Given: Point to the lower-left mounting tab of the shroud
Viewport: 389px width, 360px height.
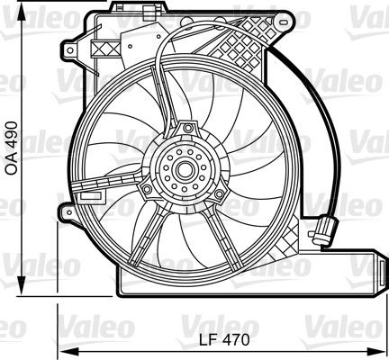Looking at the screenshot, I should [67, 211].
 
